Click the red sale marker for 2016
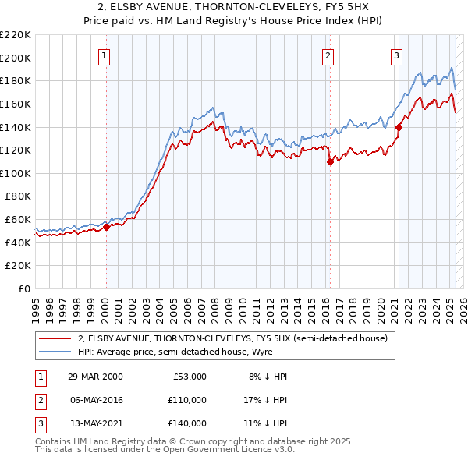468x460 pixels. (330, 162)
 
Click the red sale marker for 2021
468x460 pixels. (399, 127)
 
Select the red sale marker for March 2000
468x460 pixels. (107, 228)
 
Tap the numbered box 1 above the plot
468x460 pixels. (105, 55)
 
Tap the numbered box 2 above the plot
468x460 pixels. (328, 55)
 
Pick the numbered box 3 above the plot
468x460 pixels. (397, 55)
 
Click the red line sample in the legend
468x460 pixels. (55, 338)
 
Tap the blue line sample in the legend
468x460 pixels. (55, 352)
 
